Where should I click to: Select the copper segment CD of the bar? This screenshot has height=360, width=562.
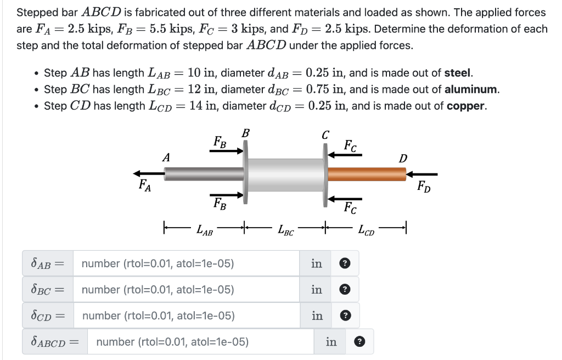366,174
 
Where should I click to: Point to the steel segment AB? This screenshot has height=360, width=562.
203,174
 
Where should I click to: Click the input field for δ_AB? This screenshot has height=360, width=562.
187,263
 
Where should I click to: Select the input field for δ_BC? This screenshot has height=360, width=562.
187,289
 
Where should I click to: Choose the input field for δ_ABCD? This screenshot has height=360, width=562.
200,342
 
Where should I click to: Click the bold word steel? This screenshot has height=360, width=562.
458,72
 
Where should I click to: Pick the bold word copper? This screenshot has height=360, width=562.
466,105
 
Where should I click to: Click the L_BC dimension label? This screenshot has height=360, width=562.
286,230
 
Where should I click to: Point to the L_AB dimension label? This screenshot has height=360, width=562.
205,230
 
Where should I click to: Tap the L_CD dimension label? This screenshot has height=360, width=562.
366,230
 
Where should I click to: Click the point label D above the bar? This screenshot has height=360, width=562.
403,159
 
